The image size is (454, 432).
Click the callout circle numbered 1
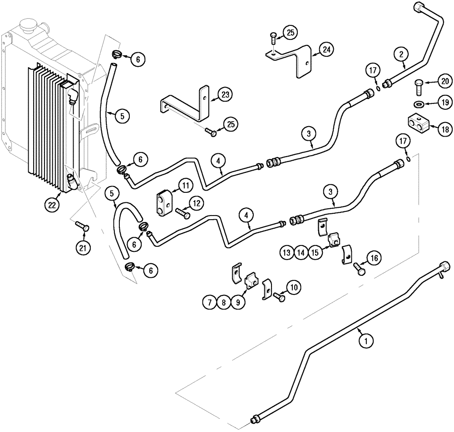click(363, 338)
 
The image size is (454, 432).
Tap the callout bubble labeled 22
click(52, 205)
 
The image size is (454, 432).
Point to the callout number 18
click(445, 129)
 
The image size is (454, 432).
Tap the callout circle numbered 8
click(222, 303)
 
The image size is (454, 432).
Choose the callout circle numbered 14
click(300, 251)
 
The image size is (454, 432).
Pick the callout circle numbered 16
click(375, 258)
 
